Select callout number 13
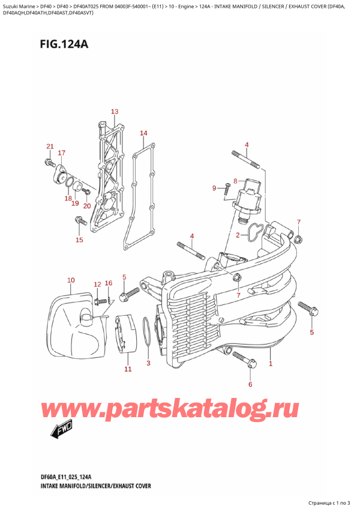point(114,112)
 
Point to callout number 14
point(143,133)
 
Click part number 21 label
point(50,147)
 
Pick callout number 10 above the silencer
point(71,280)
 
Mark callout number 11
point(127,369)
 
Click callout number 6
point(250,384)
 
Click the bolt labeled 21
point(48,162)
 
